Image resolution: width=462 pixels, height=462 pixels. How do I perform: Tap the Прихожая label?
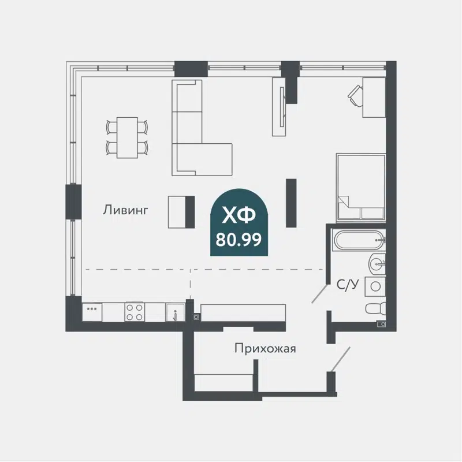(x=265, y=348)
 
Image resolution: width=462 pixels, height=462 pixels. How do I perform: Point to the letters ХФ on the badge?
(x=239, y=216)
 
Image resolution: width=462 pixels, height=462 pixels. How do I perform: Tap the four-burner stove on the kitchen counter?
(x=135, y=312)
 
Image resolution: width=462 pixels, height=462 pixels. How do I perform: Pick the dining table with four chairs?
(x=127, y=137)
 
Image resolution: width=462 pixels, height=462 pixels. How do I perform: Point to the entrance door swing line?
(x=340, y=358)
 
